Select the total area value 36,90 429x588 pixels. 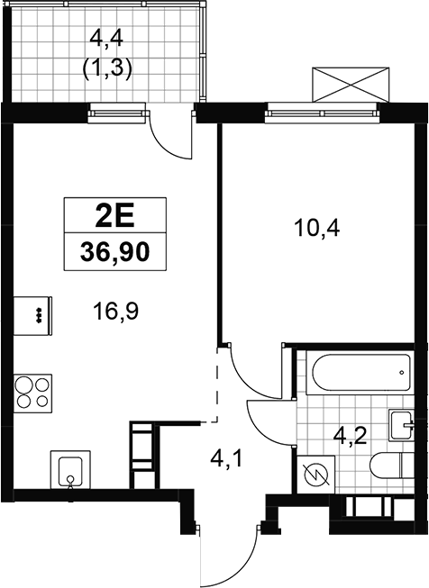coord(114,252)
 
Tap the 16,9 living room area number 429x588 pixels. coord(116,311)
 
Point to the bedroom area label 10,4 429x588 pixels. coord(317,228)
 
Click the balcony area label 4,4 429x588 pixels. coord(107,40)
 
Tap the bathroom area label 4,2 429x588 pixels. coord(351,437)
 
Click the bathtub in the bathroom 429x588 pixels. coord(360,373)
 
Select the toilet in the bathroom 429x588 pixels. coord(391,466)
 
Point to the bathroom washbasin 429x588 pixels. coord(401,426)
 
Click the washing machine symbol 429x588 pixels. coord(315,475)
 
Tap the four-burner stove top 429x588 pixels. coord(32,394)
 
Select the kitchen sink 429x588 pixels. coord(70,469)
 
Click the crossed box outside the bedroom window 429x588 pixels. coord(351,85)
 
